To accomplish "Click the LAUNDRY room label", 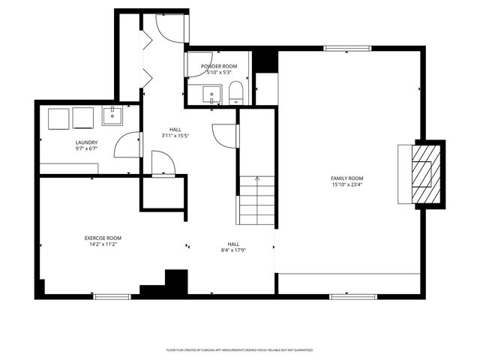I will pos(87,142).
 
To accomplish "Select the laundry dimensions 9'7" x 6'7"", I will pos(87,148).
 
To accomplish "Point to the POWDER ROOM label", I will pos(219,66).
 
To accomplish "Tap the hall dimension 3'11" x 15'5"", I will pos(175,136).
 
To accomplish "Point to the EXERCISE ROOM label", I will pos(103,238).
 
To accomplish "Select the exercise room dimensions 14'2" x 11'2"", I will pos(103,244).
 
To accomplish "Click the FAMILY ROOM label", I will pos(347,178).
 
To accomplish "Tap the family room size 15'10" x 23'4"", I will pos(347,184).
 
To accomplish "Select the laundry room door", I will pos(129,144).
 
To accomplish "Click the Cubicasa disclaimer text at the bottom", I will pos(239,350).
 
